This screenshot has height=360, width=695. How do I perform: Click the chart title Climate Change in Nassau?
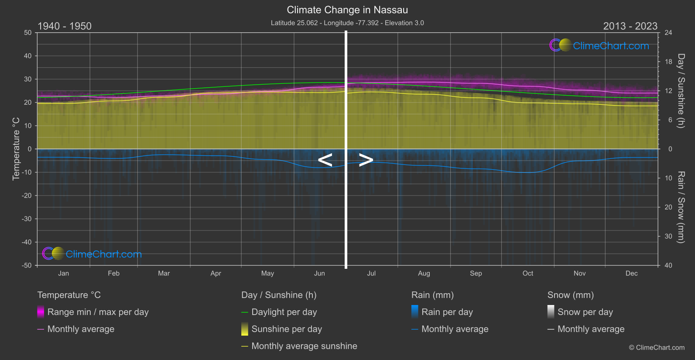tap(347, 10)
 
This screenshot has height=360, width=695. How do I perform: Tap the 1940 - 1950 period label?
tap(65, 26)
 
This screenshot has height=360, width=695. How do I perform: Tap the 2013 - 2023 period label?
tap(630, 26)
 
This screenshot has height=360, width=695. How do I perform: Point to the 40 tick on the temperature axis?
tap(28, 56)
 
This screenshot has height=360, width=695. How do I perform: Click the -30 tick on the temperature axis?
tap(27, 219)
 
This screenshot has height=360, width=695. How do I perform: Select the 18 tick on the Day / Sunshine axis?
tap(668, 62)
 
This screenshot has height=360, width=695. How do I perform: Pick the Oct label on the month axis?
tap(527, 273)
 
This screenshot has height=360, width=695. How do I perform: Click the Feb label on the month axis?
tap(113, 273)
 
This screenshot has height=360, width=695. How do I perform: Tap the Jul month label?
tap(371, 273)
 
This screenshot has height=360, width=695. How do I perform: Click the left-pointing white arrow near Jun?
tap(325, 160)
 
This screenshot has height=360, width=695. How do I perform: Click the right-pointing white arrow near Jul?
tap(366, 160)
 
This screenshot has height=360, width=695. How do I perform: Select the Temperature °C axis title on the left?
tap(16, 148)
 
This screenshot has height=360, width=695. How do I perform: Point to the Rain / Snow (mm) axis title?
tap(681, 207)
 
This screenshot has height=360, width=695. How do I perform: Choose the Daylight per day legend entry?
tap(284, 312)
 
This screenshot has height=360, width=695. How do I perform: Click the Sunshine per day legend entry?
tap(286, 329)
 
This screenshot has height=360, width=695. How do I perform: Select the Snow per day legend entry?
tap(585, 312)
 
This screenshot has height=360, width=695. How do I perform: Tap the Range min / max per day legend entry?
tap(98, 312)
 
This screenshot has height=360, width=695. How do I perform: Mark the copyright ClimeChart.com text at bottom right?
tap(657, 347)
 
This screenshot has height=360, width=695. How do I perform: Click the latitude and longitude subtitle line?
tap(347, 23)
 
